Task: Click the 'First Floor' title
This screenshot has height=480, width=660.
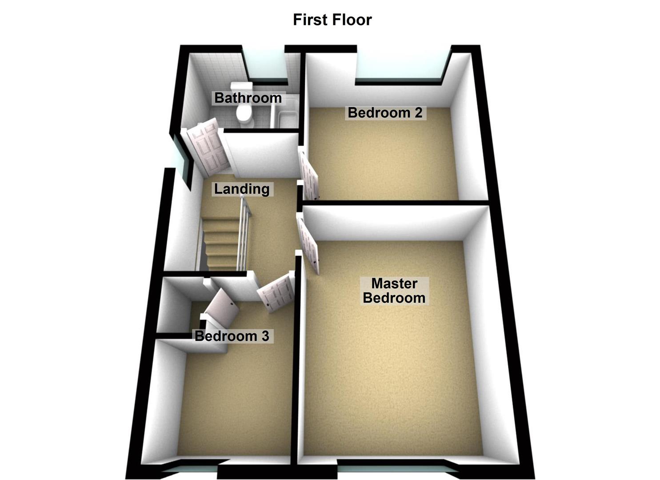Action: coord(332,20)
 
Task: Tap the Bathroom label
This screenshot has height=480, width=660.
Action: coord(248,98)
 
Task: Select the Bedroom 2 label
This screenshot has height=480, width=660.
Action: coord(385,112)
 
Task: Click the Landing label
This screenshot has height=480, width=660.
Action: coord(242,189)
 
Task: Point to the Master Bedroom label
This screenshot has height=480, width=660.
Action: coord(394,291)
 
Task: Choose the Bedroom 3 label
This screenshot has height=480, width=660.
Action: coord(232,336)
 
